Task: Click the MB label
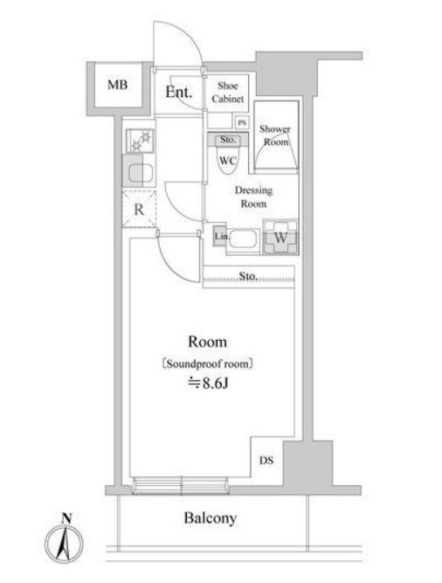pos(117,85)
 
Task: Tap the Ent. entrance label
pos(179,92)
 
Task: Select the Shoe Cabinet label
pos(228,92)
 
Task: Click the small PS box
pos(242,122)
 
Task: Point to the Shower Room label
pos(275,135)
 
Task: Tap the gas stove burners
pos(140,141)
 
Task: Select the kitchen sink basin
pos(141,173)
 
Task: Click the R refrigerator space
pos(139,209)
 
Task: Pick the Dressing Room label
pos(253,197)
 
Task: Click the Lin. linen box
pos(220,236)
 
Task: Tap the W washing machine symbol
pos(280,237)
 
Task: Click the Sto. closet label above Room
pos(248,276)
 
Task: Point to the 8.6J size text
pos(208,383)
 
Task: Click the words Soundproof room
pos(208,364)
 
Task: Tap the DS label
pos(266,461)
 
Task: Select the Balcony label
pos(211,518)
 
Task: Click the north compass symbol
pos(65,542)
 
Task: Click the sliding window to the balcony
pos(181,486)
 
